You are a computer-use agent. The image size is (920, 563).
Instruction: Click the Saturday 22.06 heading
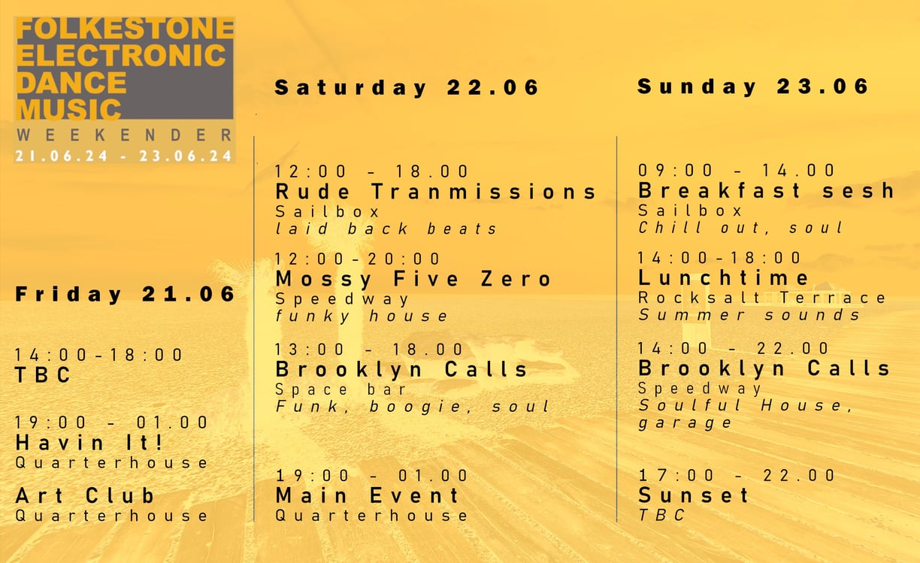point(407,88)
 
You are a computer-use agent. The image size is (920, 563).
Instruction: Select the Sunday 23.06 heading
point(753,86)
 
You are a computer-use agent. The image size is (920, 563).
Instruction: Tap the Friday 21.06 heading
point(126,294)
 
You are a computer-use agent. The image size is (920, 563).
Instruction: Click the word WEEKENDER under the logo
point(124,135)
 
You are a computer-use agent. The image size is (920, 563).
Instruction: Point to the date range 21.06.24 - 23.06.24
point(124,156)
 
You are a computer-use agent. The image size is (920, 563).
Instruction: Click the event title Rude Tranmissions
point(436,192)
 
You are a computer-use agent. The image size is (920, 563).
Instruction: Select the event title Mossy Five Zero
point(413,279)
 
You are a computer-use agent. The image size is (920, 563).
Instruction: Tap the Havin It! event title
point(89,442)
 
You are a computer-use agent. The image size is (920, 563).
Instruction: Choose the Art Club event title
point(85,496)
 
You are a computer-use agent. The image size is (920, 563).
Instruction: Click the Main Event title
point(368,495)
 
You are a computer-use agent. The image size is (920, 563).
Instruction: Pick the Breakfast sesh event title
point(766,191)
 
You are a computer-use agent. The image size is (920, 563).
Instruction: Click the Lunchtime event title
point(724,278)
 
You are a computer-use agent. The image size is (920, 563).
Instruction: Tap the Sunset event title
point(694,495)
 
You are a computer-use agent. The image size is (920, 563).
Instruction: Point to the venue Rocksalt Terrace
point(762,298)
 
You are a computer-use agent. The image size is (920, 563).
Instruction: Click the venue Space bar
point(341,389)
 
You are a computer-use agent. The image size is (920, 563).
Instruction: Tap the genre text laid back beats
point(386,229)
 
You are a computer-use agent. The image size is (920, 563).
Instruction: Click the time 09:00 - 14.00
point(737,171)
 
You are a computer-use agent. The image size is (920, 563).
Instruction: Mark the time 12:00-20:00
point(359,259)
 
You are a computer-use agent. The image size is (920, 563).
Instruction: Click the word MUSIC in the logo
point(68,109)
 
